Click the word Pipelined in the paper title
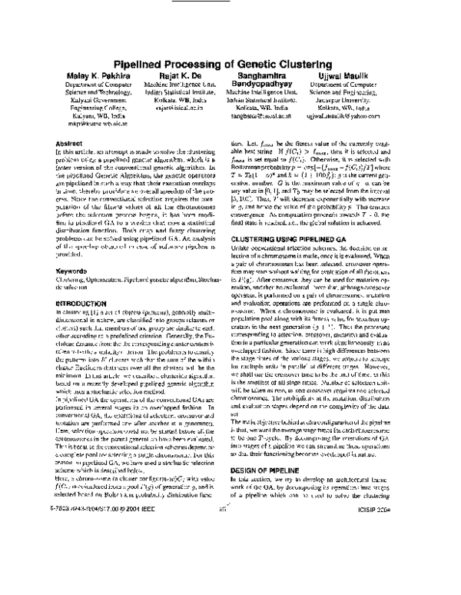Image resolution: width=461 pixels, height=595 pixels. (144, 65)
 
